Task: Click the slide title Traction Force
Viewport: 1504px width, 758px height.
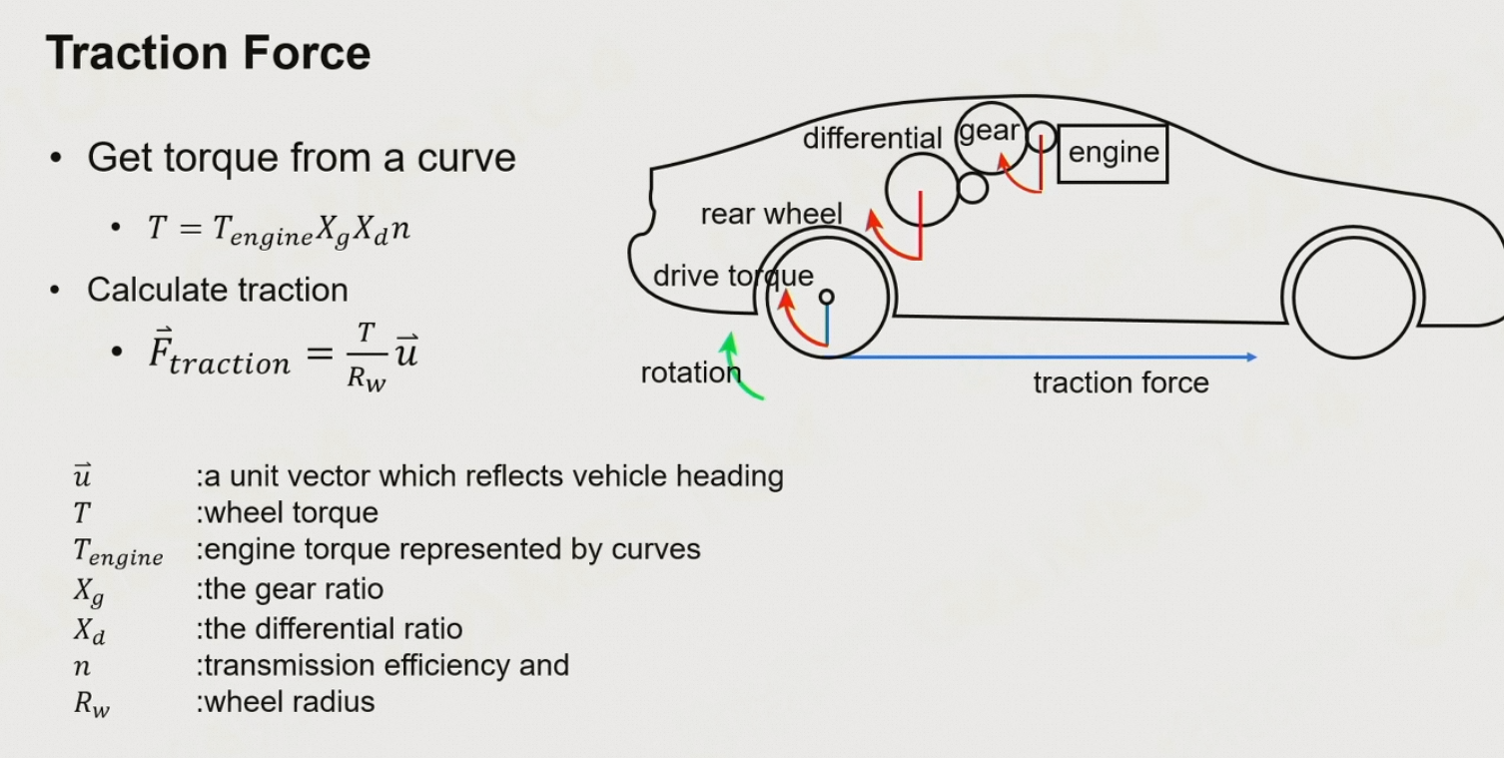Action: tap(208, 52)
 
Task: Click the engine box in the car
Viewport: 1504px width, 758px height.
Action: tap(1113, 153)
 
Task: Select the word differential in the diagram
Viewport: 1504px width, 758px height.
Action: tap(872, 138)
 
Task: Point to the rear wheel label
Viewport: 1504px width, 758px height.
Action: tap(771, 214)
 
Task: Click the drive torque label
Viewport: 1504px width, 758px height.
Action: tap(732, 276)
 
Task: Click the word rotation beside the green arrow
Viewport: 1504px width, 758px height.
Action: tap(690, 373)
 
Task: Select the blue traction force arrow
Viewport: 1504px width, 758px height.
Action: tap(1049, 357)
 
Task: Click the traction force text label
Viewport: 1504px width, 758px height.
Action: tap(1121, 382)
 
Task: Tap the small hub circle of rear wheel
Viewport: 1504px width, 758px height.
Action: tap(826, 297)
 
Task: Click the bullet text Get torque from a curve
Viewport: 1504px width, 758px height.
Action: tap(301, 158)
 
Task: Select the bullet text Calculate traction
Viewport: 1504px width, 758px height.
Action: tap(217, 290)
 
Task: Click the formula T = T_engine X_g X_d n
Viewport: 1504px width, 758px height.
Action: tap(279, 230)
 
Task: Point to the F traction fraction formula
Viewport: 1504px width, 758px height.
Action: tap(283, 355)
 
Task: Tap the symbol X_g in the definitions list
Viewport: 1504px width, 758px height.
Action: tap(88, 591)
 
